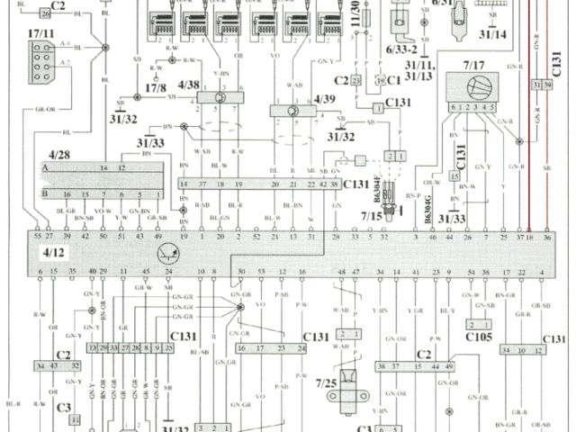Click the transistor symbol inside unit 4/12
point(166,255)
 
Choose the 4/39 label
point(326,99)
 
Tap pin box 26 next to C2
point(46,15)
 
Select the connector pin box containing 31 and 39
point(542,85)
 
